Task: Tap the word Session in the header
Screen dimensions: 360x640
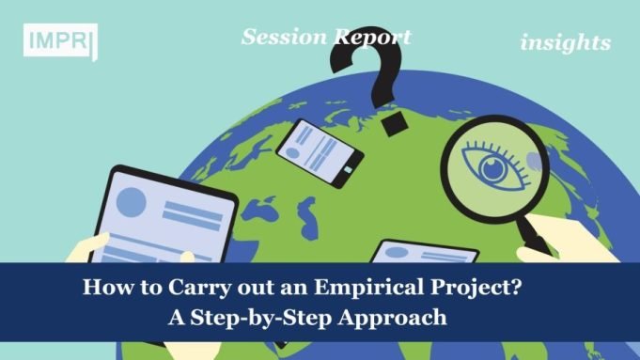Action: [x=282, y=37]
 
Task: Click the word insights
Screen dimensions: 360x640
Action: [x=565, y=42]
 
